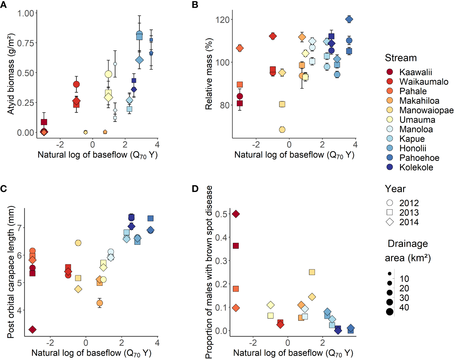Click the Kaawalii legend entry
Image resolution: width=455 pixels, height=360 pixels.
pyautogui.click(x=415, y=72)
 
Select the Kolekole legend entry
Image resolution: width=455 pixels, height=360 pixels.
pyautogui.click(x=416, y=167)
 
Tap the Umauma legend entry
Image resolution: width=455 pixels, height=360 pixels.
pyautogui.click(x=417, y=120)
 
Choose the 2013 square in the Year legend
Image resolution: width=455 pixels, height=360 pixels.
pyautogui.click(x=390, y=213)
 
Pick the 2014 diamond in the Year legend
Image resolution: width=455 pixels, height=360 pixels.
pyautogui.click(x=390, y=222)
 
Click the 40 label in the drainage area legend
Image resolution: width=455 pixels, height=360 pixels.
pyautogui.click(x=404, y=307)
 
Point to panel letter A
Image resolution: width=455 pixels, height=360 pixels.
pyautogui.click(x=4, y=5)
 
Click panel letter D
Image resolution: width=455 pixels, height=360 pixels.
pyautogui.click(x=195, y=189)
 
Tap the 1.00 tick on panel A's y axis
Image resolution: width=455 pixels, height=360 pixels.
pyautogui.click(x=26, y=13)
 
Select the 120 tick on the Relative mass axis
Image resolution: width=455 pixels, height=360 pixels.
pyautogui.click(x=222, y=20)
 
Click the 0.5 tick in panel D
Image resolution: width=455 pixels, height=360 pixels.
pyautogui.click(x=221, y=214)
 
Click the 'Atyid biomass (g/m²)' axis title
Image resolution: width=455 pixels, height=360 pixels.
pyautogui.click(x=11, y=74)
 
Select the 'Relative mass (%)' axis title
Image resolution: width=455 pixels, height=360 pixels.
pyautogui.click(x=208, y=74)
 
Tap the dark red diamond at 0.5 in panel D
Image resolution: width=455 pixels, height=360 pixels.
pyautogui.click(x=236, y=214)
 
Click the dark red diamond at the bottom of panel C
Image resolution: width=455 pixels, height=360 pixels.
pyautogui.click(x=32, y=330)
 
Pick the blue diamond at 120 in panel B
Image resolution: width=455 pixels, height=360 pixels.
pyautogui.click(x=349, y=19)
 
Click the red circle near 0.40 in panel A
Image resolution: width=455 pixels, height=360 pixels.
pyautogui.click(x=76, y=84)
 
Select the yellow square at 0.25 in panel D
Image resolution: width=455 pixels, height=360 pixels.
pyautogui.click(x=312, y=272)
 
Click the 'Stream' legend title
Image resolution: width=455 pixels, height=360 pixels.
pyautogui.click(x=401, y=58)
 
